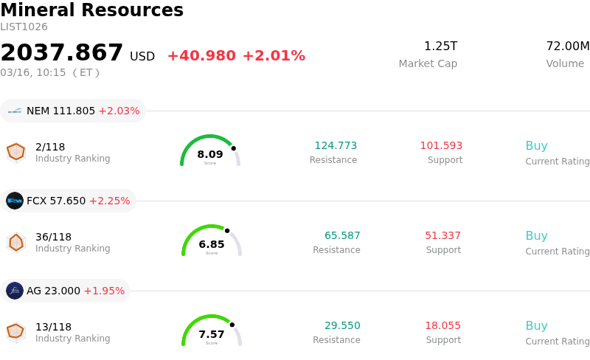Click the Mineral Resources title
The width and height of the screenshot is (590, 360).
(91, 10)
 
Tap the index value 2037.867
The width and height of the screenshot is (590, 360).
(62, 52)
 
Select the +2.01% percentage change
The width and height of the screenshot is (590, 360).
(274, 56)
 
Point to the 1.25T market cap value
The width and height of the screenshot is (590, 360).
(440, 46)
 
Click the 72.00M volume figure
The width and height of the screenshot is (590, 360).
(567, 46)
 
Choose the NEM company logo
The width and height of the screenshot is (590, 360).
(15, 111)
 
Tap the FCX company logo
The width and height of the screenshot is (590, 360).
(15, 201)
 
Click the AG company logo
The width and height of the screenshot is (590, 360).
(15, 291)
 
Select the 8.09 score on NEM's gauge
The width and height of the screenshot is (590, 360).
(210, 154)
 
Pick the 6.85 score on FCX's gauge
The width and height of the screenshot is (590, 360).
(212, 244)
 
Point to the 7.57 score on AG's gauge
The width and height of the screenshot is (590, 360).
(212, 334)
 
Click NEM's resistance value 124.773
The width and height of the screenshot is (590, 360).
(336, 145)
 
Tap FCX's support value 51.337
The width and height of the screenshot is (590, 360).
(442, 235)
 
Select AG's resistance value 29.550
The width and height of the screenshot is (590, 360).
(342, 325)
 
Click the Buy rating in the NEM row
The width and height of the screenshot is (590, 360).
(536, 145)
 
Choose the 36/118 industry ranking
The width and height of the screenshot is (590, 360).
(54, 237)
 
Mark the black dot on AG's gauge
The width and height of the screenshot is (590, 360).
(232, 325)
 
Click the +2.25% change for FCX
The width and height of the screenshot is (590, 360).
(109, 201)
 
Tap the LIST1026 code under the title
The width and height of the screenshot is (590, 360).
(24, 27)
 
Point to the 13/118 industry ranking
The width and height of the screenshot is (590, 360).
(54, 327)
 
